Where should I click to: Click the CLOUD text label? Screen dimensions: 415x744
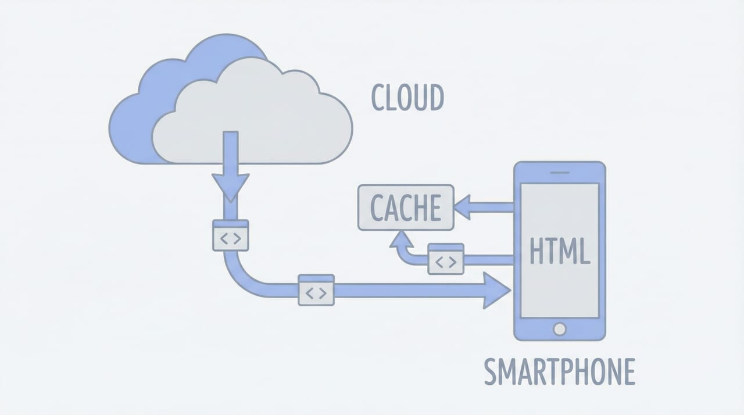pyautogui.click(x=407, y=98)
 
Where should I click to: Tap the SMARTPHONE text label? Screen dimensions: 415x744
pyautogui.click(x=560, y=372)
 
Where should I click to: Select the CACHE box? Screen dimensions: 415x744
pyautogui.click(x=406, y=208)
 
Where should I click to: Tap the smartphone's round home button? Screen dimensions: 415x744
pyautogui.click(x=559, y=329)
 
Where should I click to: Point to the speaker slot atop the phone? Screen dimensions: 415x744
pyautogui.click(x=559, y=172)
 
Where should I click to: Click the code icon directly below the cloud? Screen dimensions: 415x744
pyautogui.click(x=231, y=235)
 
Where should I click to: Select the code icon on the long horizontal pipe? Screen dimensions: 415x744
pyautogui.click(x=316, y=289)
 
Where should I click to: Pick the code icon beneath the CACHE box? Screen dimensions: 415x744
pyautogui.click(x=446, y=259)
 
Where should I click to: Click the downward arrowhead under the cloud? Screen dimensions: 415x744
pyautogui.click(x=231, y=187)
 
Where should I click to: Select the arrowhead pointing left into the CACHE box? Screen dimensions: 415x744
pyautogui.click(x=463, y=207)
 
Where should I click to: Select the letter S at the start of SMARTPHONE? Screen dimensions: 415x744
pyautogui.click(x=491, y=372)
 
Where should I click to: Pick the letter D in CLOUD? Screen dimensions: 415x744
pyautogui.click(x=435, y=98)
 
